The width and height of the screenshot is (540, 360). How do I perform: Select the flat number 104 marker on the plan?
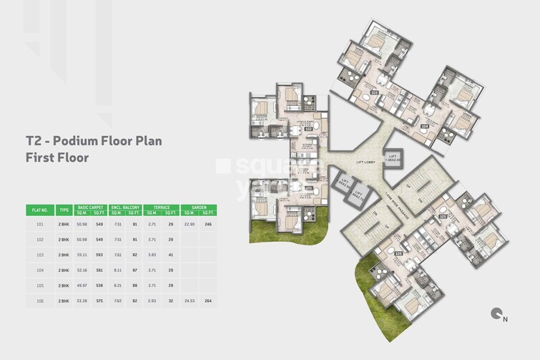424,126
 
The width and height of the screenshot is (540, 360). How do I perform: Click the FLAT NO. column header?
39,210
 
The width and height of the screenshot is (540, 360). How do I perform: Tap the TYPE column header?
64,210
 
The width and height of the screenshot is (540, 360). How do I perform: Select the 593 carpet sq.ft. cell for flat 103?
99,255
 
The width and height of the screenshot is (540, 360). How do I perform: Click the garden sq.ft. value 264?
208,301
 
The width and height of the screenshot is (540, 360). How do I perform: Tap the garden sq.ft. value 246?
208,224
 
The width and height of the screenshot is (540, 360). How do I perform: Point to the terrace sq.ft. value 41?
171,255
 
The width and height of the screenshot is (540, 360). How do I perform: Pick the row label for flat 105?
40,286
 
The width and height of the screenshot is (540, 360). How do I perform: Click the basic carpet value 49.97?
82,286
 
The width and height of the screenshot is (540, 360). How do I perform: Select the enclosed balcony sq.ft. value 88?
135,286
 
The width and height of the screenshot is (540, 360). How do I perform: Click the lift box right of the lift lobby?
392,158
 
